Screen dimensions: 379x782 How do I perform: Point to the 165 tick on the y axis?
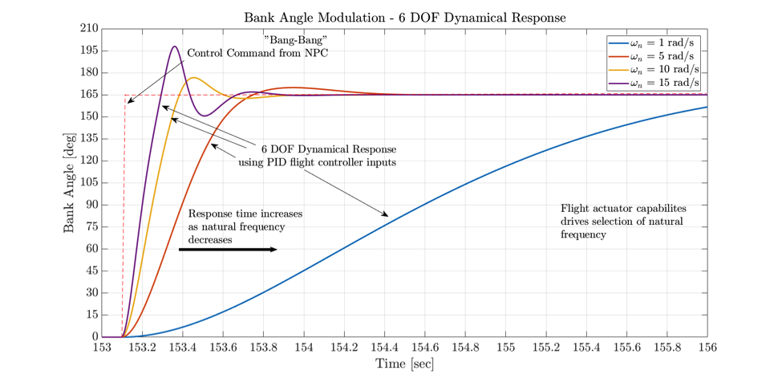tap(88, 95)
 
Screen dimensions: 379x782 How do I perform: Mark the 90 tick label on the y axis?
tap(91, 205)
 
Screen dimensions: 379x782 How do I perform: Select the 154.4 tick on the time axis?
tap(384, 348)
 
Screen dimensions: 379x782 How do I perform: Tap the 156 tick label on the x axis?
tap(707, 348)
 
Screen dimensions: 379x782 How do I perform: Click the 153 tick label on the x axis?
tap(102, 348)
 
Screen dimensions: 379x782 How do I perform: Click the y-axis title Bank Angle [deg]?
tap(70, 182)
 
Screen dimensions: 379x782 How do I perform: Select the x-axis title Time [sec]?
tap(404, 365)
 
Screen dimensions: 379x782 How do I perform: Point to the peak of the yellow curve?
tap(194, 77)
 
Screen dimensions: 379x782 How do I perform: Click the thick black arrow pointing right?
tap(228, 250)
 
